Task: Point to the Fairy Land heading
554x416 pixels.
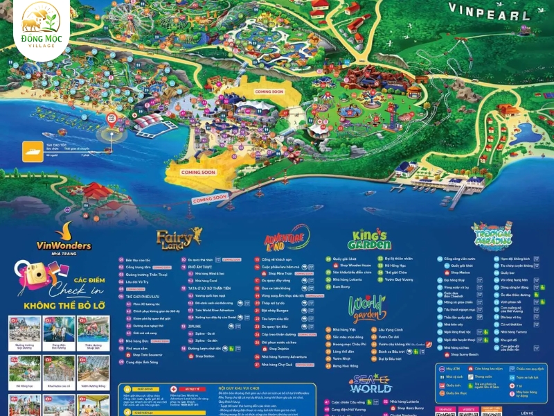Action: click(179, 239)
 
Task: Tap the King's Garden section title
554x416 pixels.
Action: click(370, 240)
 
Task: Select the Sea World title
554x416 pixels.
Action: click(370, 383)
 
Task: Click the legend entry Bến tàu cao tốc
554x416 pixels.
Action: click(138, 259)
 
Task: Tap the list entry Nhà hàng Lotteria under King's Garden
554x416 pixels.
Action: click(346, 279)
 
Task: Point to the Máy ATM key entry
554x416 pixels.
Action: click(454, 369)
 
